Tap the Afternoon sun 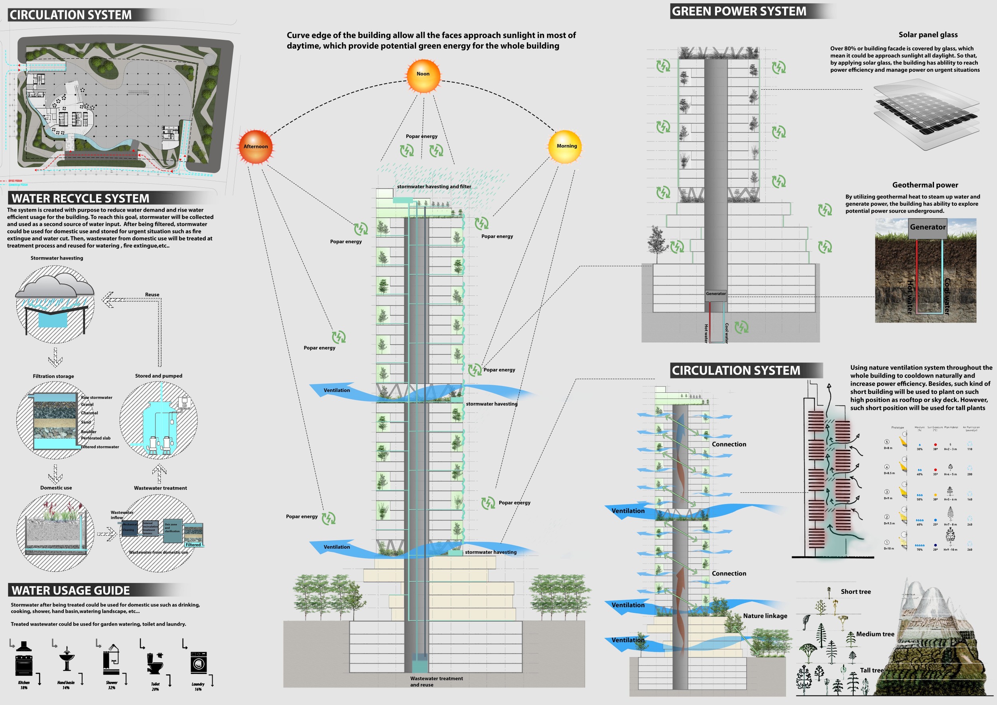pos(256,147)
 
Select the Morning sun pos(565,147)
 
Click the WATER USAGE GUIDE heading pos(71,591)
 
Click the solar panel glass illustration pos(926,114)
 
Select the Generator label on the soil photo pos(928,227)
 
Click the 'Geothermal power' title pos(925,185)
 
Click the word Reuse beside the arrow pos(152,295)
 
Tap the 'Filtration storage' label pos(53,376)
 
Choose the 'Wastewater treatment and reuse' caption pos(436,681)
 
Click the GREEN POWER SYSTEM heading pos(739,11)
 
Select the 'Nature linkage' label pos(764,616)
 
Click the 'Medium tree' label pos(875,634)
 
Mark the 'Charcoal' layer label pos(89,413)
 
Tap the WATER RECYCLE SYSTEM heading pos(80,199)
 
